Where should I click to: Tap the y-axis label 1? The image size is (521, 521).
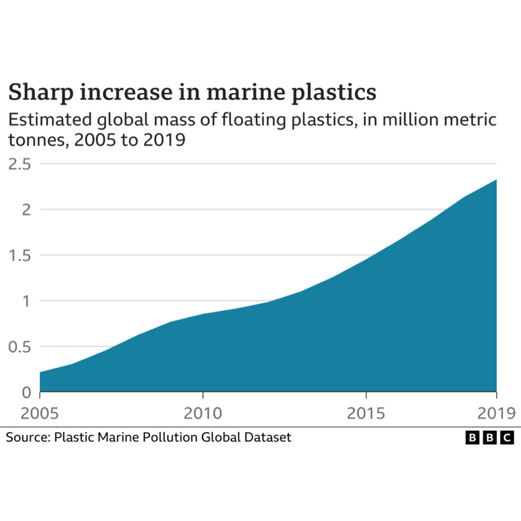coord(28,301)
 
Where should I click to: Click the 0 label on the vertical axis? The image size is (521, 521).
coord(27,392)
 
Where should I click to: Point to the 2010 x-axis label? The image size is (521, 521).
coord(203,413)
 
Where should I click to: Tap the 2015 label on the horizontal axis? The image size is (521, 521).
coord(366,413)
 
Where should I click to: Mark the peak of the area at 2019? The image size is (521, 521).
coord(496,179)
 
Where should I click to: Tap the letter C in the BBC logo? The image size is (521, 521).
coord(507,438)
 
